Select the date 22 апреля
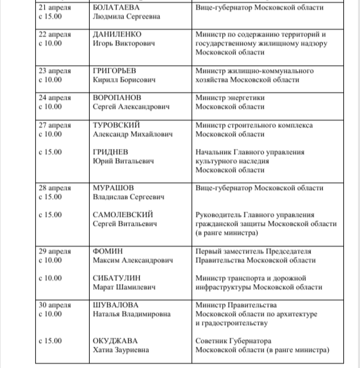click(55, 35)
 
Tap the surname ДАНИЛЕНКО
click(117, 35)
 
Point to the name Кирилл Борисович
click(124, 80)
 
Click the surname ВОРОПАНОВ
click(117, 98)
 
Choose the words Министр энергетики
click(230, 98)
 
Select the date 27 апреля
click(55, 125)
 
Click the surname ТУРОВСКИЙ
click(117, 125)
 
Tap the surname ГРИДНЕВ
click(110, 152)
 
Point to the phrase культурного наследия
click(232, 161)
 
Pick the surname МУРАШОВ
click(114, 188)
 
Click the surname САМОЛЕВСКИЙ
click(123, 215)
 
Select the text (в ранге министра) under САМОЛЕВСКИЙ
click(226, 233)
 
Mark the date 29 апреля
click(55, 251)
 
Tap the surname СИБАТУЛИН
click(117, 278)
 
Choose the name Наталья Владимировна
click(132, 314)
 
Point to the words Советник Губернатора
click(234, 341)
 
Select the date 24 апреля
click(55, 98)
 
